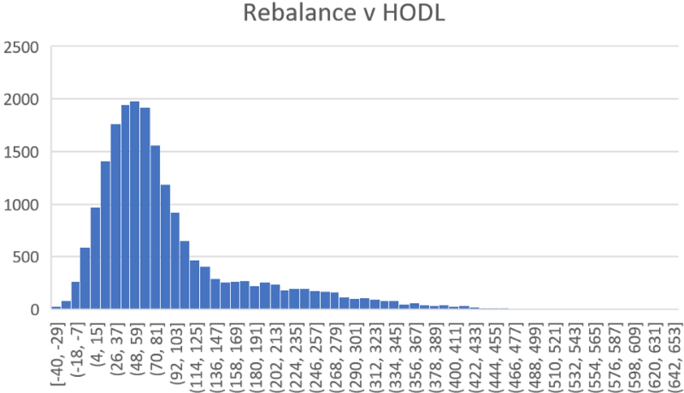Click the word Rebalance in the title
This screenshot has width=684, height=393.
click(x=299, y=12)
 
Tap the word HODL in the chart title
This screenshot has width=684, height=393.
click(x=413, y=12)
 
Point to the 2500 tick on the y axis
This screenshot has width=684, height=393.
click(x=21, y=47)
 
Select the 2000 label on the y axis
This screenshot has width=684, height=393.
click(x=21, y=100)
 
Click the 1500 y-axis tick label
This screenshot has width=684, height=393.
click(x=21, y=153)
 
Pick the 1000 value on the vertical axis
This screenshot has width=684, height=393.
click(x=21, y=205)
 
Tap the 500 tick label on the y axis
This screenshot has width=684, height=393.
click(x=26, y=258)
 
